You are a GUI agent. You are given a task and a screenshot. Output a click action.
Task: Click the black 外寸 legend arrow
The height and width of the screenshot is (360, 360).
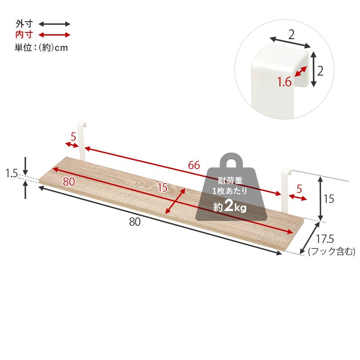click(x=54, y=24)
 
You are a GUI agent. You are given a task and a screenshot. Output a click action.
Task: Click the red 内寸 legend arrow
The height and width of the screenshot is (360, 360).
click(x=54, y=35)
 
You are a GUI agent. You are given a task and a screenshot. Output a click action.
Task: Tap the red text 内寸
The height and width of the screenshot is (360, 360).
click(x=24, y=35)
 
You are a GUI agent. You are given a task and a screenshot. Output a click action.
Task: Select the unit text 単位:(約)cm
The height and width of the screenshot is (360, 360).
click(x=41, y=48)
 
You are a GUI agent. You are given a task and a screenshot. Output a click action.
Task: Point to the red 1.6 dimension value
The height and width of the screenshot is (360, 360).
click(x=284, y=82)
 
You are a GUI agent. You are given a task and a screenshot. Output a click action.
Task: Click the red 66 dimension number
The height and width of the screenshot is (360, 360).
click(x=194, y=165)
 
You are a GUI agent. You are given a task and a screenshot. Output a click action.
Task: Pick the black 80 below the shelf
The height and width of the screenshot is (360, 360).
click(x=135, y=222)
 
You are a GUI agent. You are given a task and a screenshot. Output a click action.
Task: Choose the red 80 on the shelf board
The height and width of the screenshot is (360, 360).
click(x=69, y=182)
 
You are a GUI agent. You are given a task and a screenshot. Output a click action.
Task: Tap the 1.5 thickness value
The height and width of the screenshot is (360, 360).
click(x=12, y=173)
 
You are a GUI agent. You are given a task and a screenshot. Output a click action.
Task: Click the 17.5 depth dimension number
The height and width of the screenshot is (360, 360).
click(x=325, y=239)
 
